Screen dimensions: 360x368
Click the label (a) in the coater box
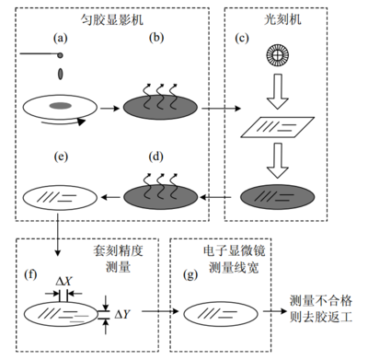[61, 37]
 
